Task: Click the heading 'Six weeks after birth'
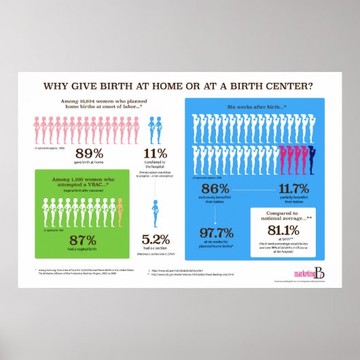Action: point(255,107)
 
